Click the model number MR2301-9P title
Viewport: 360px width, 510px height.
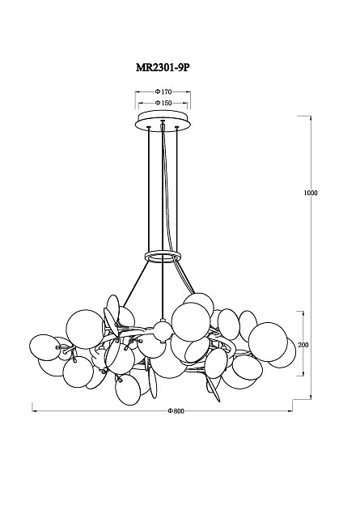pos(162,67)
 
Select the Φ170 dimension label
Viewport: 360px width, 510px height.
pos(163,91)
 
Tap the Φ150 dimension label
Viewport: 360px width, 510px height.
pos(163,103)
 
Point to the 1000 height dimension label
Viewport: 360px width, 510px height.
pos(311,193)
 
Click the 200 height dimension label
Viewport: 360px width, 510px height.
pos(303,345)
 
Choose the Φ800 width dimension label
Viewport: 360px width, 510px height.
pos(176,411)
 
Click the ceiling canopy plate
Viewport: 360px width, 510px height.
pos(163,121)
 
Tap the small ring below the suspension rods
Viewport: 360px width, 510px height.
pos(163,256)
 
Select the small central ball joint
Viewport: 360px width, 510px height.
pos(162,331)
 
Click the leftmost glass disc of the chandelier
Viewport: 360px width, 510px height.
pos(44,347)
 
